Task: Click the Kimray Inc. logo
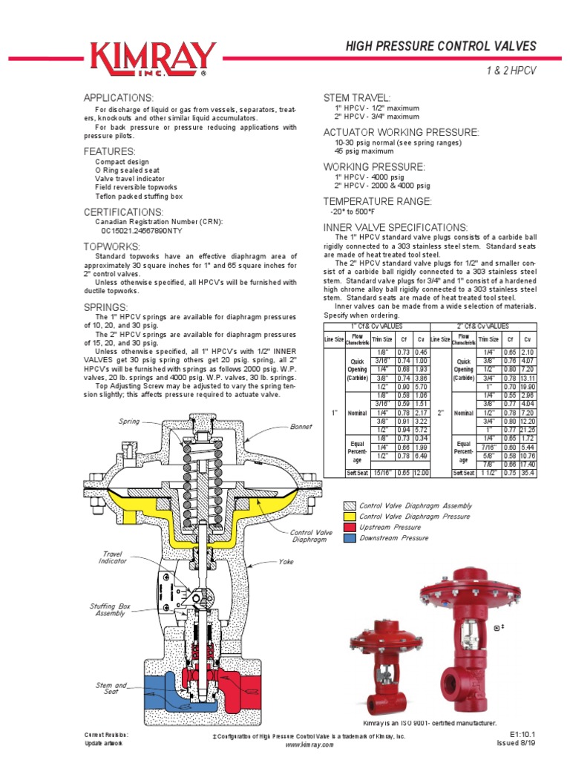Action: click(153, 59)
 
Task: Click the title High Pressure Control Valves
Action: click(441, 47)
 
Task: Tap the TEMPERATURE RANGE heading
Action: click(376, 201)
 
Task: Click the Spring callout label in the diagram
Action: click(129, 422)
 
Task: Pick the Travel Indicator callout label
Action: click(113, 557)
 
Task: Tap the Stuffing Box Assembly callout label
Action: click(110, 610)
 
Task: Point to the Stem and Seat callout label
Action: click(111, 688)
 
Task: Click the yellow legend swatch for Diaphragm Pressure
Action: click(349, 517)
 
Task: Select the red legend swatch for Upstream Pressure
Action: click(349, 527)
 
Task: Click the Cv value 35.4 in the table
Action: click(528, 472)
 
